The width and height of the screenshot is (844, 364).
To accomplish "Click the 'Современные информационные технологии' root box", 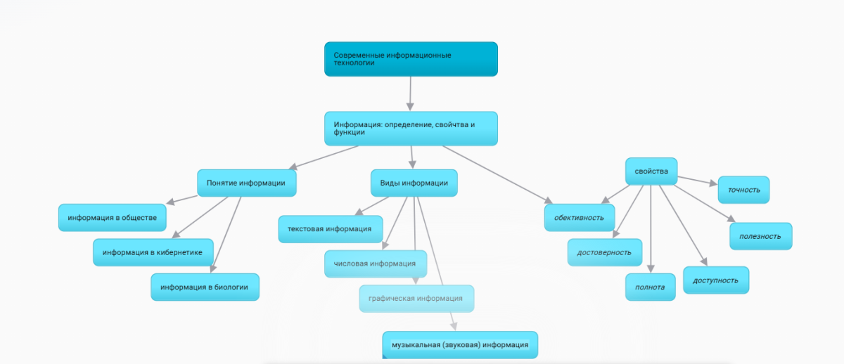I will point(411,59).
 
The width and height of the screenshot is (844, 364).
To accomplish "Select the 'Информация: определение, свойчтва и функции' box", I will point(411,129).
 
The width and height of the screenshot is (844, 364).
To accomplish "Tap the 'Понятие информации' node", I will point(246,183).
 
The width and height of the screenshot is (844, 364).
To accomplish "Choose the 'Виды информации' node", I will point(414,183).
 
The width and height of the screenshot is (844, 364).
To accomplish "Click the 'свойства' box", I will point(651,171).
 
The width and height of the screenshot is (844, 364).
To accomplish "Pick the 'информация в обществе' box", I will point(112,217).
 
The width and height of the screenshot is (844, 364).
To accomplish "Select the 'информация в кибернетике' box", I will point(153,252).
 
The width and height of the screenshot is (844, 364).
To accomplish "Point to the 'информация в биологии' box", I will point(205,287).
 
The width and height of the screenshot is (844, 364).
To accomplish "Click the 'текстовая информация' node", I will point(330,229).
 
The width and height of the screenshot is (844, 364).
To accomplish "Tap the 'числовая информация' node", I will point(375,264).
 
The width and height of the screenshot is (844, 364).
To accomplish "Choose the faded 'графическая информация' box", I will point(416,298).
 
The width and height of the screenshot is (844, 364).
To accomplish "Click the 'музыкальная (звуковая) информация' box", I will point(460,344).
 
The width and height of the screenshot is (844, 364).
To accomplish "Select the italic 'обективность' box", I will point(580,217).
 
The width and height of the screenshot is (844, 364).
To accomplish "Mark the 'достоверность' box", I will point(604,252).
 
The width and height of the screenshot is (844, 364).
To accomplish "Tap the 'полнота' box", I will point(650,287).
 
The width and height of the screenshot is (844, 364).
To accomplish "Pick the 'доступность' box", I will point(715,280).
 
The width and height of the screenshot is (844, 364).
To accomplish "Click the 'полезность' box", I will point(760,236).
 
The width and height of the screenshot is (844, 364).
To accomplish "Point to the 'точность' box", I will point(743,190).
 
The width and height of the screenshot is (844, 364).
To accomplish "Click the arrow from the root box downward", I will point(410,93).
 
